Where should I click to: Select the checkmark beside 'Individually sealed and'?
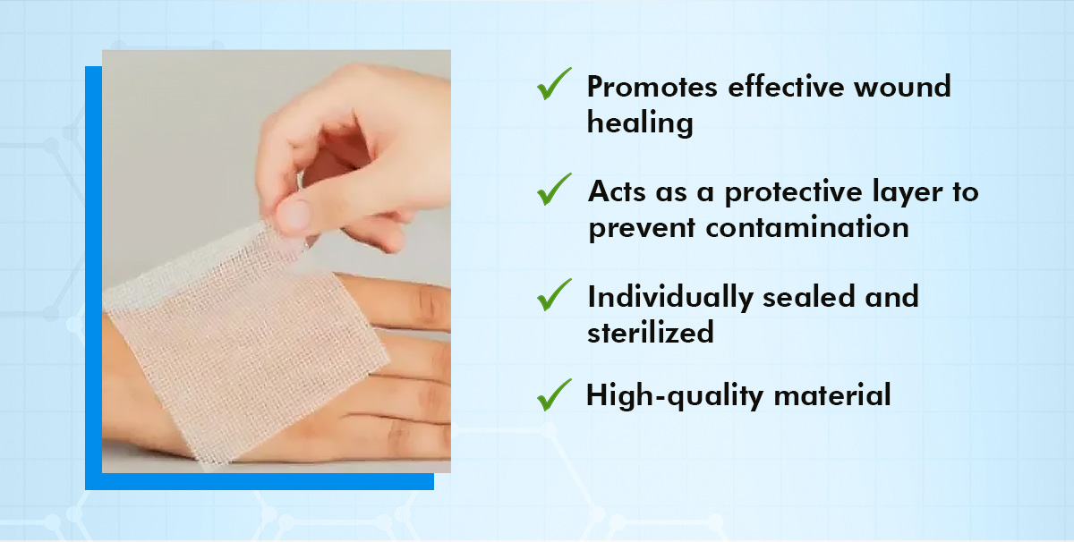point(554,294)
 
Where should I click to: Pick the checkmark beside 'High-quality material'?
point(554,394)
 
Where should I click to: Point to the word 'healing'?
point(640,123)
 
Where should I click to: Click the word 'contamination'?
point(806,227)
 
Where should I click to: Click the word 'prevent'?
point(641,227)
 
